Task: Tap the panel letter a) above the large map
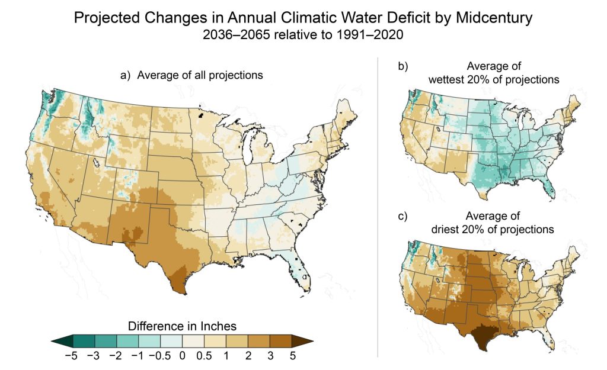click(x=124, y=76)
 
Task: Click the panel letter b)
click(x=403, y=66)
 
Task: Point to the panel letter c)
click(x=403, y=216)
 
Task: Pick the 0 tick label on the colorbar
click(x=181, y=356)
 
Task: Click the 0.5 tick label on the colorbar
click(x=204, y=356)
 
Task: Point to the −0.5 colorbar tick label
click(x=158, y=356)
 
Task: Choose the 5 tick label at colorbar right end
click(x=292, y=356)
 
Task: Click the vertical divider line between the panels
click(x=378, y=207)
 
